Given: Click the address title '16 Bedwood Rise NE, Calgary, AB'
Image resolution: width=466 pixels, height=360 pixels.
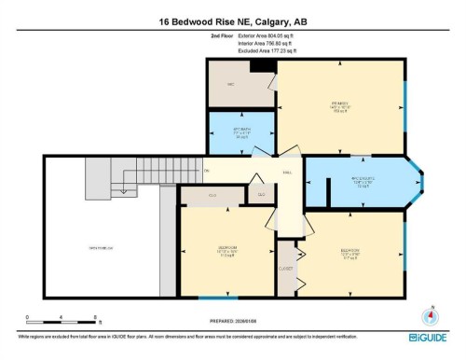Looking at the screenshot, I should click(x=233, y=21).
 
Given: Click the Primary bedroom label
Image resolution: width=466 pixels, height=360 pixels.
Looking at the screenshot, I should click(x=342, y=105).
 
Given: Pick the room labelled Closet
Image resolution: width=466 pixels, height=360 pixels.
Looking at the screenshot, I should click(x=285, y=268).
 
